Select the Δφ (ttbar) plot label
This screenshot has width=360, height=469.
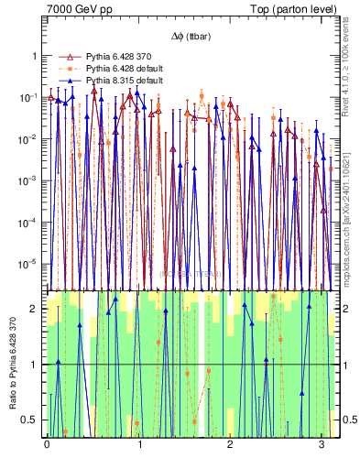190,37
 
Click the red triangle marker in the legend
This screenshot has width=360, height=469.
64,57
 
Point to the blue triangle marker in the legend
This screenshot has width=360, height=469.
64,81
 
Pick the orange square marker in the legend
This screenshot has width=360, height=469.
64,69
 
